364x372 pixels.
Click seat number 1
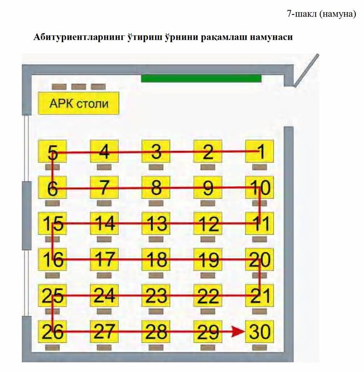tap(259, 151)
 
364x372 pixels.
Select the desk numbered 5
tap(53, 151)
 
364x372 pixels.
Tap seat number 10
tap(259, 187)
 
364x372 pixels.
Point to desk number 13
tap(156, 223)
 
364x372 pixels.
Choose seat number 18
tap(156, 259)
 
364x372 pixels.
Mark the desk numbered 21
tap(259, 295)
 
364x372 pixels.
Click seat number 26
tap(53, 331)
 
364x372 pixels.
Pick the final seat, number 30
tap(259, 331)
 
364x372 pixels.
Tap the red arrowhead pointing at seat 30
tap(238, 331)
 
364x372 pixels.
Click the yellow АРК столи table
tap(79, 103)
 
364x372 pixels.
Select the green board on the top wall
tap(201, 79)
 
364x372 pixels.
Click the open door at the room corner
tap(306, 71)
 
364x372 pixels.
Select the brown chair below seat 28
tap(156, 347)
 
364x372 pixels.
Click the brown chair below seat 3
tap(156, 167)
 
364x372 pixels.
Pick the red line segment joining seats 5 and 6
tap(53, 171)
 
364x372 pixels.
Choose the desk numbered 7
tap(104, 187)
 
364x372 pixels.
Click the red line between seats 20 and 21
tap(260, 277)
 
